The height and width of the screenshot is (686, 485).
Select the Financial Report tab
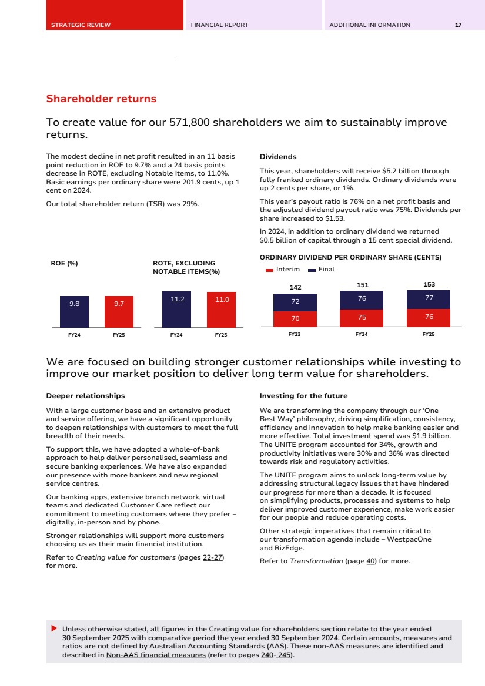click(219, 25)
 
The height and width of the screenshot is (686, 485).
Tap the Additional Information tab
click(370, 25)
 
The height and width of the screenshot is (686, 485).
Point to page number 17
click(458, 25)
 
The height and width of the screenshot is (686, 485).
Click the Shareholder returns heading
click(101, 99)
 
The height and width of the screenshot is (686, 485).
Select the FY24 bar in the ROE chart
click(74, 311)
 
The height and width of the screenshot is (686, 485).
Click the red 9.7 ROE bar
click(119, 311)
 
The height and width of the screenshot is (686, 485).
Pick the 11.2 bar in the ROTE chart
click(176, 310)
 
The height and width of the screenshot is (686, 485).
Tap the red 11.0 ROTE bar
click(221, 310)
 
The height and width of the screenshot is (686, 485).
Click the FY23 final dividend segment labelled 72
click(295, 302)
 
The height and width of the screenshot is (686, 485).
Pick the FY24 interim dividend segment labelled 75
click(362, 318)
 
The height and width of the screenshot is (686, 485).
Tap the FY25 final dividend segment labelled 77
click(429, 299)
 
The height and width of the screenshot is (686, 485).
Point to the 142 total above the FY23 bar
click(295, 287)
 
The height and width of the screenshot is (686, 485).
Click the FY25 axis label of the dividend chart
click(429, 334)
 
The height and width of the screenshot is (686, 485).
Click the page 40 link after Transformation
click(371, 561)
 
